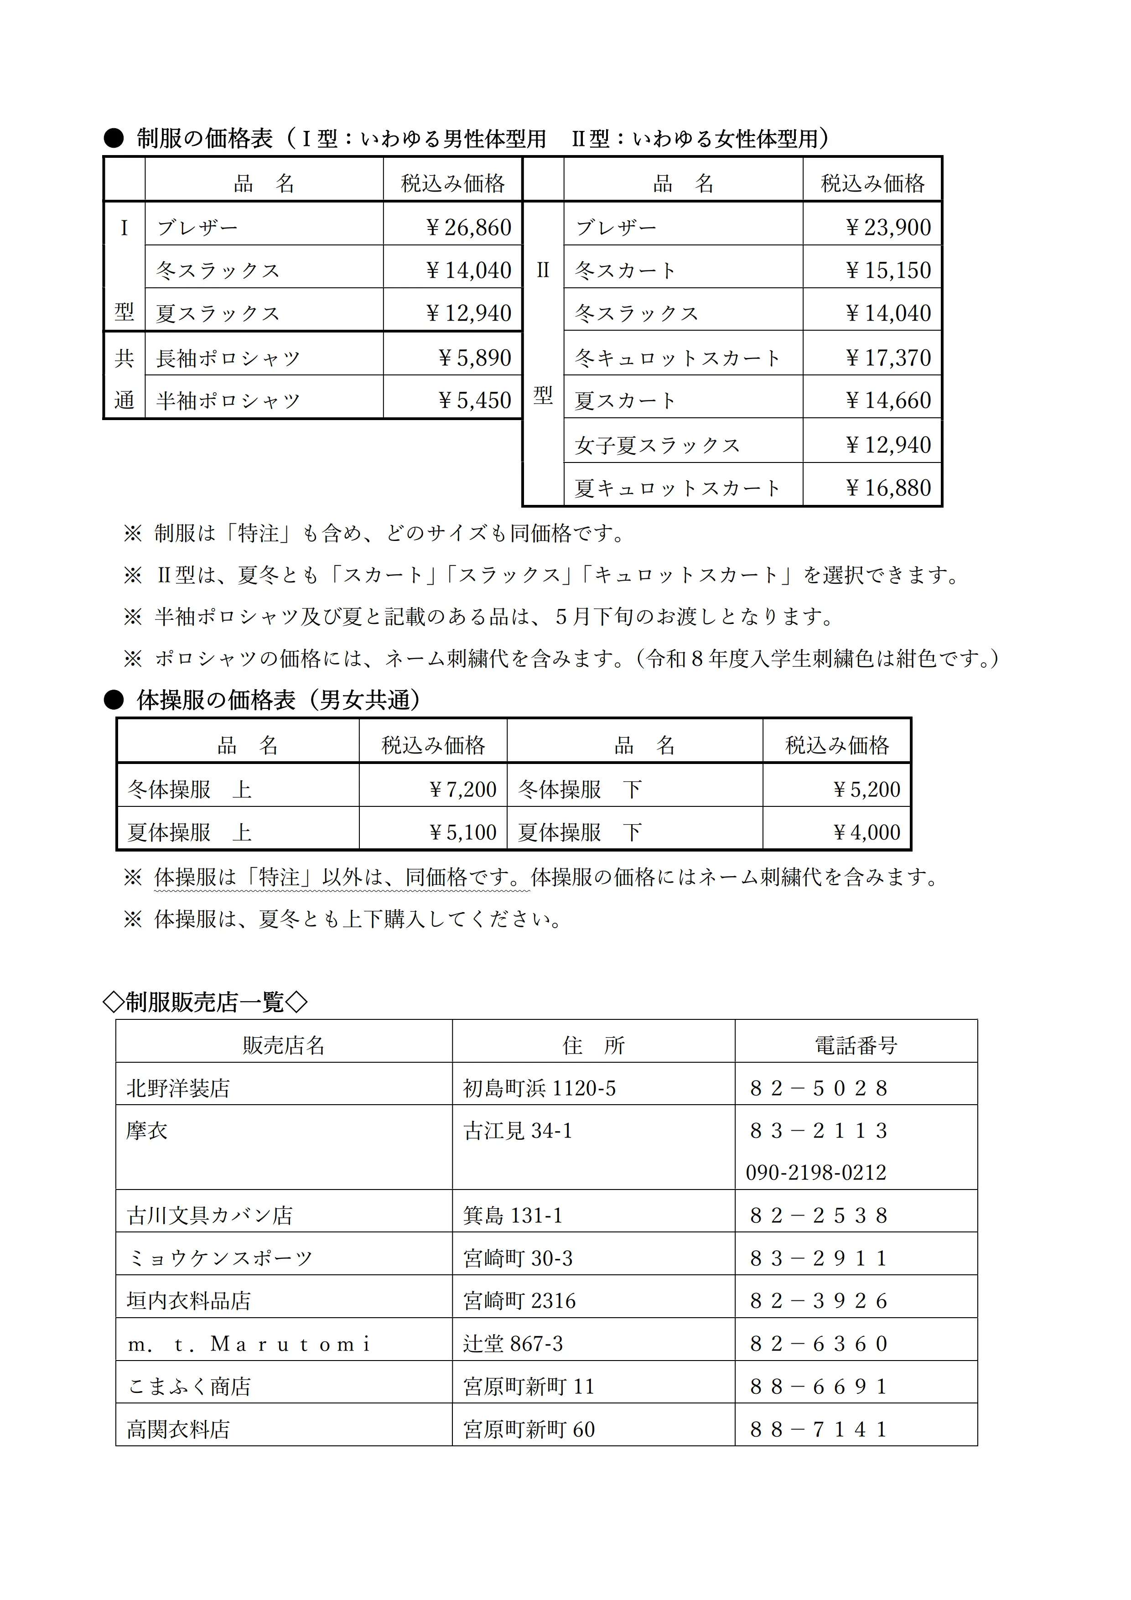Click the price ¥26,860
pos(468,227)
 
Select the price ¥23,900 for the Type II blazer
pos(888,227)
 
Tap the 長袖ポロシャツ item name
pos(228,358)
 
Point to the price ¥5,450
pos(475,401)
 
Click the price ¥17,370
pos(888,358)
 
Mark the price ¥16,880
pos(888,488)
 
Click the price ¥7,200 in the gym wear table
pos(463,790)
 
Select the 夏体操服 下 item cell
pos(580,832)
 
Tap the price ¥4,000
pos(867,832)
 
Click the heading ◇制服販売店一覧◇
pos(204,1002)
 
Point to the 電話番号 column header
pos(856,1045)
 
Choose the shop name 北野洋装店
pos(178,1089)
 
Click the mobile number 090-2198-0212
pos(816,1172)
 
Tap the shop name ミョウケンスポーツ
pos(219,1258)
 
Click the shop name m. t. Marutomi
pos(249,1344)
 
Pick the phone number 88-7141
pos(819,1430)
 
